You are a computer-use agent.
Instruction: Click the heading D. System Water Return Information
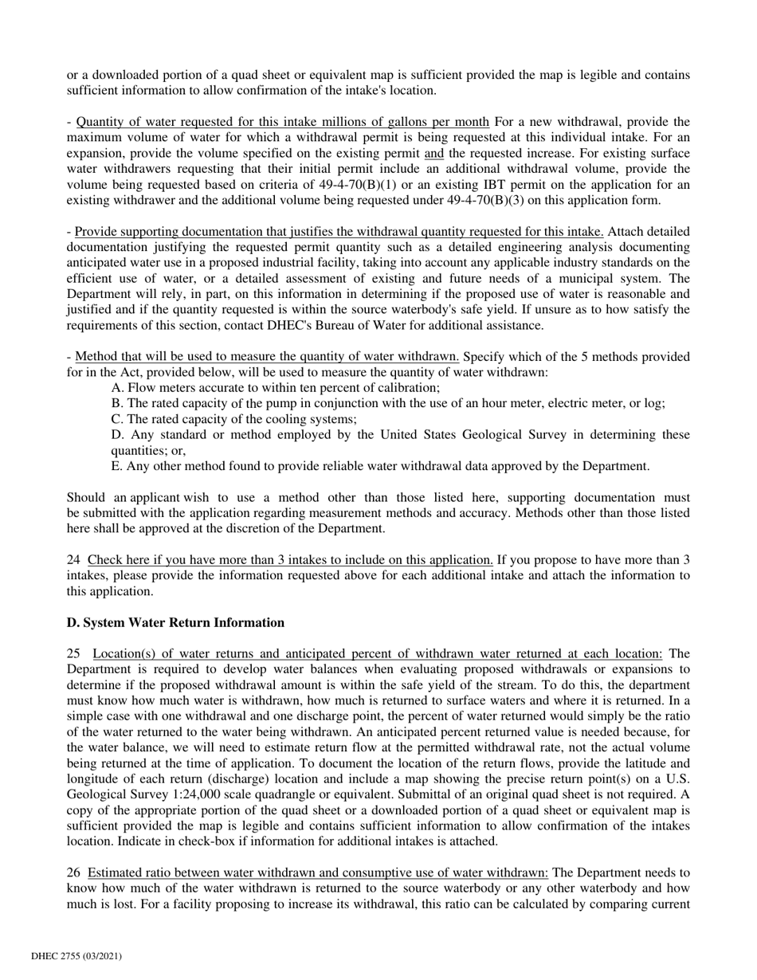[x=175, y=622]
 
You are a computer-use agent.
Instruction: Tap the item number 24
[x=73, y=560]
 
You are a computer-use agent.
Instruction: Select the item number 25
[x=73, y=653]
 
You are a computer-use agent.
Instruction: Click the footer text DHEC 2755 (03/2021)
[x=76, y=955]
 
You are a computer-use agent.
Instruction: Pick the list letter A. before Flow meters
[x=118, y=388]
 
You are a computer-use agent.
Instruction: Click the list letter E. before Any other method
[x=118, y=466]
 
